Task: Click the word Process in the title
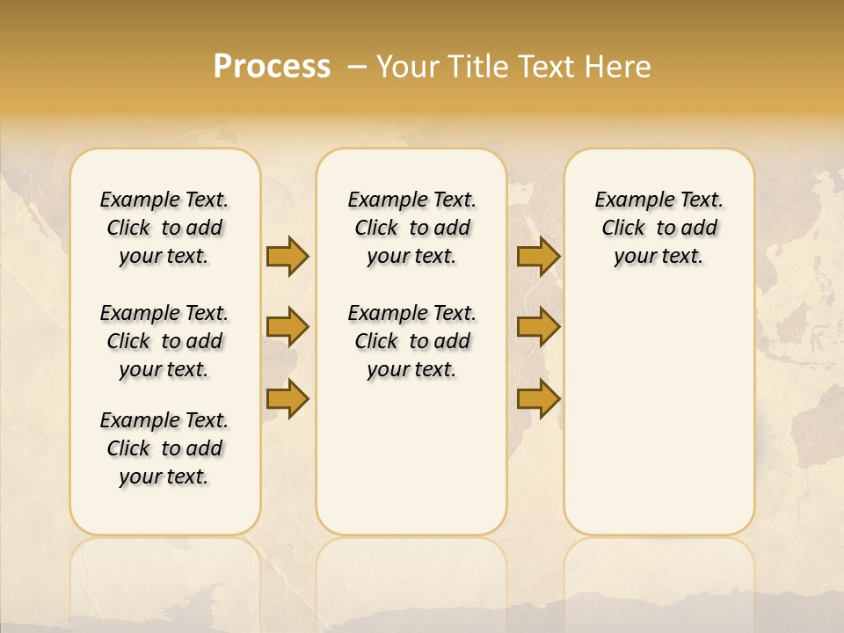pyautogui.click(x=272, y=67)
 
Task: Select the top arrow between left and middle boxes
pyautogui.click(x=287, y=257)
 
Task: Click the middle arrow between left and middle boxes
pyautogui.click(x=287, y=328)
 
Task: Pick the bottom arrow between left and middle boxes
pyautogui.click(x=287, y=398)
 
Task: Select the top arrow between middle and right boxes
pyautogui.click(x=538, y=257)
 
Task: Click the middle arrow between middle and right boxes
pyautogui.click(x=538, y=328)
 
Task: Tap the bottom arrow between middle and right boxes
pyautogui.click(x=538, y=398)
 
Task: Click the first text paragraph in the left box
pyautogui.click(x=164, y=228)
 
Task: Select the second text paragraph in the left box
pyautogui.click(x=164, y=341)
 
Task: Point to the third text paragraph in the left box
pyautogui.click(x=164, y=448)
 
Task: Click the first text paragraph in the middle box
pyautogui.click(x=411, y=228)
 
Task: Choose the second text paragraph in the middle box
pyautogui.click(x=411, y=341)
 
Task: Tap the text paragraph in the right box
pyautogui.click(x=658, y=228)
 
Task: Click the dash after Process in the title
pyautogui.click(x=357, y=67)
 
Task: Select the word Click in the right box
pyautogui.click(x=623, y=229)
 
